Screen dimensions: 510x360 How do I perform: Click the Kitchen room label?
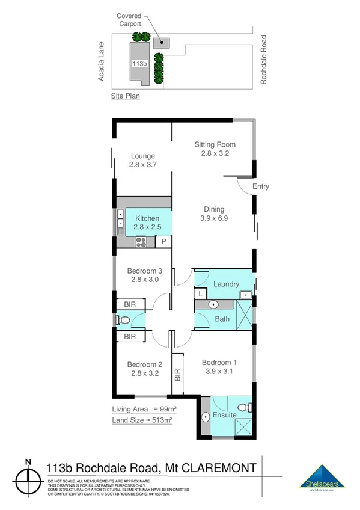click(147, 218)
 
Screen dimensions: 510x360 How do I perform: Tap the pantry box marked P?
click(163, 242)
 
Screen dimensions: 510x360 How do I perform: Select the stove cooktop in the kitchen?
click(142, 242)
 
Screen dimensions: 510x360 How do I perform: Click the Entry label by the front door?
click(260, 186)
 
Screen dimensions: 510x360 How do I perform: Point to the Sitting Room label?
click(215, 144)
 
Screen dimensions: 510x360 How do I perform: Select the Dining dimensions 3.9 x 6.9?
click(215, 219)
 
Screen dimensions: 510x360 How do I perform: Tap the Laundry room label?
click(227, 284)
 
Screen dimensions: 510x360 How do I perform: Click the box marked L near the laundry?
click(200, 294)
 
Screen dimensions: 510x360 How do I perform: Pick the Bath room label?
click(222, 319)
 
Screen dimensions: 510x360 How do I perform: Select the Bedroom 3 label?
click(144, 270)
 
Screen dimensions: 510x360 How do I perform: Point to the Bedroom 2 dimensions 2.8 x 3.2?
click(144, 373)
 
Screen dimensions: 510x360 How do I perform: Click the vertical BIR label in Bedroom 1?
click(177, 376)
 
